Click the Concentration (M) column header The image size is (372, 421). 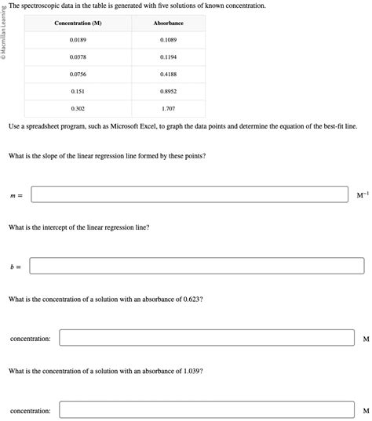click(x=78, y=24)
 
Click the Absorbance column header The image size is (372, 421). click(x=168, y=24)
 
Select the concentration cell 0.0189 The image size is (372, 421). click(x=78, y=39)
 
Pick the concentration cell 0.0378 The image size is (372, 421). click(x=78, y=56)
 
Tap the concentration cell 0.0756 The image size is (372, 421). click(x=78, y=74)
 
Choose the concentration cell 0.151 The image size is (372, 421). click(x=78, y=91)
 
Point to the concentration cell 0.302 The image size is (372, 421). click(x=78, y=108)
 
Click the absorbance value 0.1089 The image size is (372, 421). click(x=168, y=39)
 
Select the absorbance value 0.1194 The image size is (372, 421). click(x=168, y=56)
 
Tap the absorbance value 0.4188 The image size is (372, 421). click(x=168, y=74)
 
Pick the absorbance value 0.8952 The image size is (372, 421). click(x=168, y=91)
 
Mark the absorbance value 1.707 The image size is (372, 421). click(x=168, y=108)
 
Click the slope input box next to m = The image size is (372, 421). click(x=189, y=194)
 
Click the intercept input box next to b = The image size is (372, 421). click(x=196, y=267)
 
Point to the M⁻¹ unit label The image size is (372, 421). click(x=362, y=194)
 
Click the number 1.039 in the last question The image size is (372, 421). click(x=192, y=371)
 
